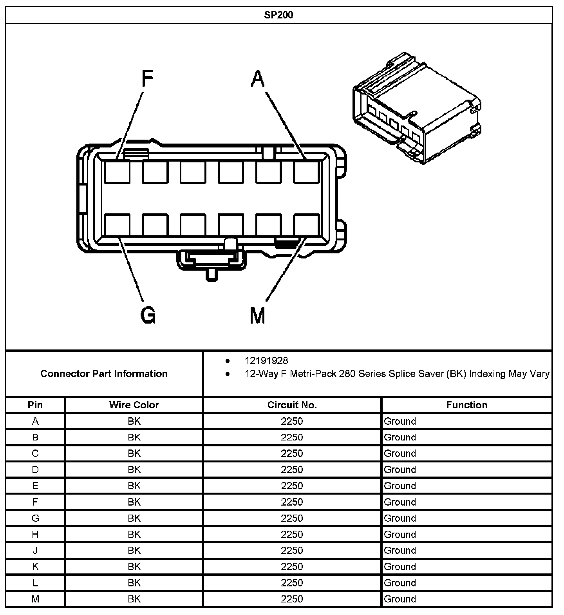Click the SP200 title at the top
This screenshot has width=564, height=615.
[x=278, y=15]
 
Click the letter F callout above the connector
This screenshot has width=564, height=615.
[x=147, y=78]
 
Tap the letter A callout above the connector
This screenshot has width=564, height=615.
[x=258, y=78]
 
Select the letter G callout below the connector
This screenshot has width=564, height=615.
[x=148, y=315]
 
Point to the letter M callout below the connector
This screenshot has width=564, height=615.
[x=257, y=315]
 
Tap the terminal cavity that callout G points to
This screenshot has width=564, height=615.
[x=117, y=225]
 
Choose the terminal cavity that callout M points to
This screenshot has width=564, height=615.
[x=307, y=225]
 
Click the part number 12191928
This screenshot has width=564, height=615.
[x=266, y=360]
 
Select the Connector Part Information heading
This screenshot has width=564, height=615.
[x=104, y=373]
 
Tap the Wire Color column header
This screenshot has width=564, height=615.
[x=134, y=405]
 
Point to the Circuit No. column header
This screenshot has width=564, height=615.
[x=292, y=405]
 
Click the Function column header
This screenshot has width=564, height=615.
[x=466, y=405]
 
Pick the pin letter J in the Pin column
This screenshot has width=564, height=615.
[x=35, y=550]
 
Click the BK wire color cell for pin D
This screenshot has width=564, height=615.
[x=134, y=469]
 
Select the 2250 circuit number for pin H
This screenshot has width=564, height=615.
[x=292, y=534]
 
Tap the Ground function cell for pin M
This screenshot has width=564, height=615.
[x=400, y=599]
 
